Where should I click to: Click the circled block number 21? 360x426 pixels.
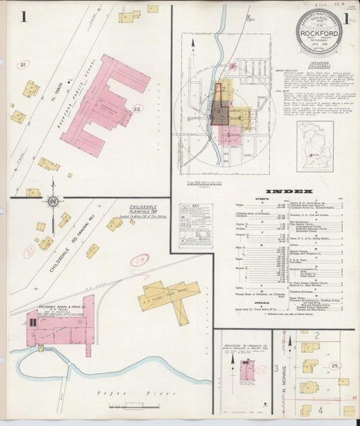(24, 65)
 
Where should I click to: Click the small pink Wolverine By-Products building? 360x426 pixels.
(247, 369)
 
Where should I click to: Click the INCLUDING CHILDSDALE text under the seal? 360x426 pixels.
(319, 64)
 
